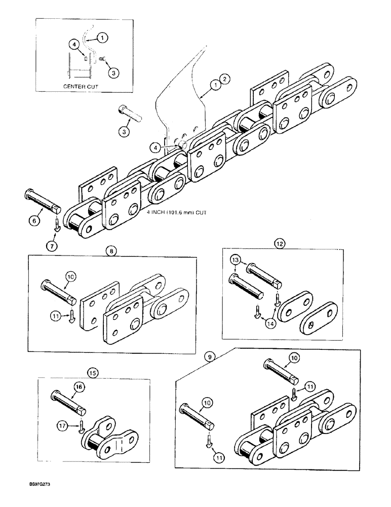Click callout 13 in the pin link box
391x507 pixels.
[x=235, y=260]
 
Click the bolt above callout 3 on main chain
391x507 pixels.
[x=130, y=112]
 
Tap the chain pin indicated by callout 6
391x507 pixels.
[x=42, y=201]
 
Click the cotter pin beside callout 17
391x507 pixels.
[x=81, y=428]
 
